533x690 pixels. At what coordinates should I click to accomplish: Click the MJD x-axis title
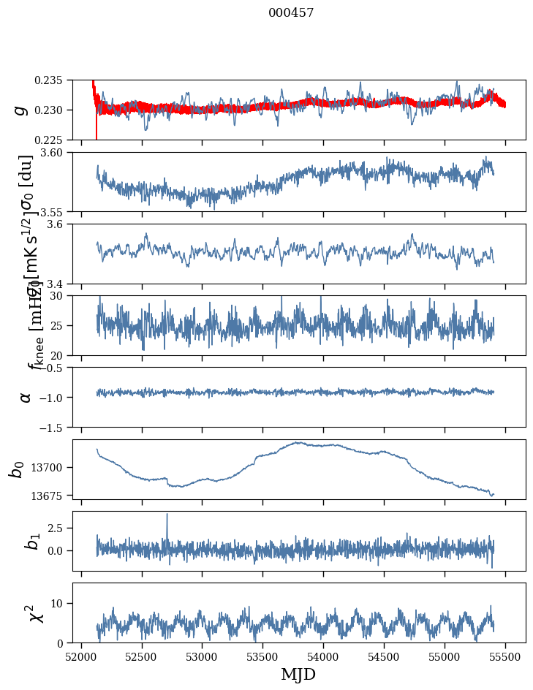298,675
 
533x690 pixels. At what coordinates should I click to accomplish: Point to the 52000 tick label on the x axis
81,656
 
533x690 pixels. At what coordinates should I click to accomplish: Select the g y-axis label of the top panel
21,110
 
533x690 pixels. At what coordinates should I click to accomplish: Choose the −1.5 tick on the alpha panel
56,427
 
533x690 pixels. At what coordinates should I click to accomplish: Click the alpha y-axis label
26,397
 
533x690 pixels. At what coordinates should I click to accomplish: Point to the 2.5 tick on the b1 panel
59,528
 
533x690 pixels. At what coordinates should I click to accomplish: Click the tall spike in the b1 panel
167,515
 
